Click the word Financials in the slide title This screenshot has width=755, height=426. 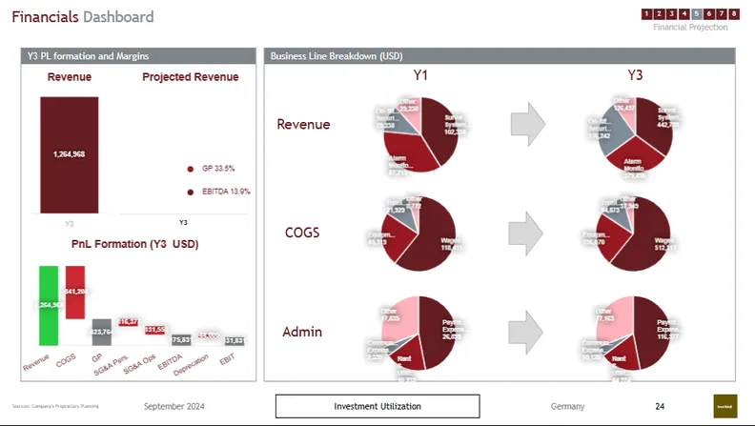coord(45,17)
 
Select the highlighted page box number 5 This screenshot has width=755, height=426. coord(697,13)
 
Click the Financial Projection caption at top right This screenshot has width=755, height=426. coord(690,27)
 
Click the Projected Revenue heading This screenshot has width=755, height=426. coord(190,77)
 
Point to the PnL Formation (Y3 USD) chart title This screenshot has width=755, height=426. coord(134,244)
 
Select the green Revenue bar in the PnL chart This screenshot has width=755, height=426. coord(48,305)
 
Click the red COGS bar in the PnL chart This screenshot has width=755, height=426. coord(74,291)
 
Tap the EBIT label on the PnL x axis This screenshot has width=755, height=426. coord(227,359)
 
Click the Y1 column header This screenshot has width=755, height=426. coord(420,75)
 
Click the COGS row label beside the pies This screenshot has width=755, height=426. coord(304,232)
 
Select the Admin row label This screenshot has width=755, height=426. coord(302,332)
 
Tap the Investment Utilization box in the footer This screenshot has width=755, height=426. coord(377,407)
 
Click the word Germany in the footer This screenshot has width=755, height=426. coord(567,407)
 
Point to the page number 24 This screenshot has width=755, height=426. coord(660,407)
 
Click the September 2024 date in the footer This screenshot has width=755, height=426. coord(177,407)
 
